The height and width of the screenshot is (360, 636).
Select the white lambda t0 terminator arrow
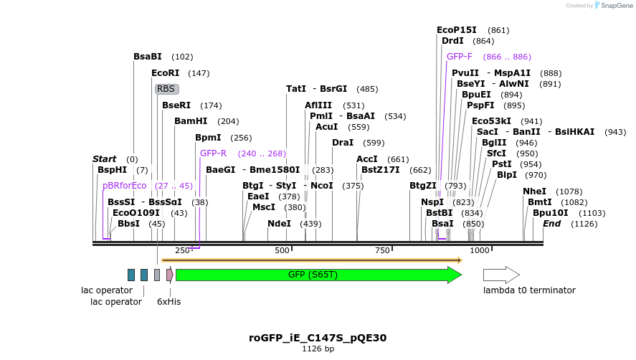click(500, 275)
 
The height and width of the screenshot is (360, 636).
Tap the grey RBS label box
click(166, 89)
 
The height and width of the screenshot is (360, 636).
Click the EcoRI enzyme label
click(165, 73)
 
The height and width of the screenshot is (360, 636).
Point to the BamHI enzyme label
click(191, 121)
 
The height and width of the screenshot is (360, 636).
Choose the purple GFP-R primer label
click(213, 153)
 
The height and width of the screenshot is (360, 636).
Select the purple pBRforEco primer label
click(124, 186)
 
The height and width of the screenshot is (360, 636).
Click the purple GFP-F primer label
click(459, 57)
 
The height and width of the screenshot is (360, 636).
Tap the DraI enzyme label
click(343, 143)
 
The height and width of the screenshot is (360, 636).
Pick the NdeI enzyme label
click(279, 224)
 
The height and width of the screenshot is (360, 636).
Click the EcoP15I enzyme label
click(456, 30)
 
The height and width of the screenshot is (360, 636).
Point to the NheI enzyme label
click(534, 191)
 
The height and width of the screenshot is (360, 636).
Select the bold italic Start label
click(104, 159)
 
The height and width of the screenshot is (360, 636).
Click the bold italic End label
click(551, 224)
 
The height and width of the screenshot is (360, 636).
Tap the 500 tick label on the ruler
click(282, 250)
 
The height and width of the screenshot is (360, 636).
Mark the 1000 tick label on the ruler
click(479, 250)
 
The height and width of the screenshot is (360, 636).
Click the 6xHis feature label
click(169, 302)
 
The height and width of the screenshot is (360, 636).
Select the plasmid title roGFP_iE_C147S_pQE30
click(318, 337)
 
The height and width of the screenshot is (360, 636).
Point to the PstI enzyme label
click(501, 164)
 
